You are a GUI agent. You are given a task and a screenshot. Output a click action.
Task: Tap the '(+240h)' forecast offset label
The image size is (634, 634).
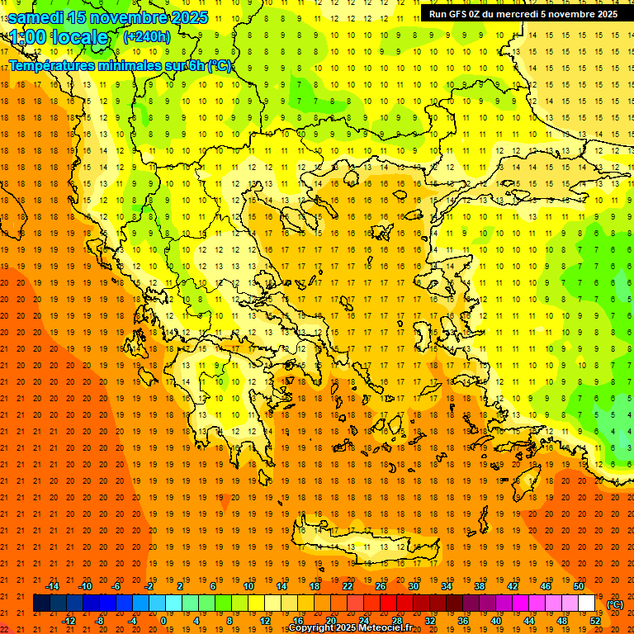click(x=147, y=36)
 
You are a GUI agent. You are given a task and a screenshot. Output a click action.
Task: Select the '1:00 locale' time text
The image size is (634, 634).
click(x=59, y=37)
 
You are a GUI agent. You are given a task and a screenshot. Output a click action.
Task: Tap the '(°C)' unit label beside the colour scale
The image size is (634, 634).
click(x=615, y=604)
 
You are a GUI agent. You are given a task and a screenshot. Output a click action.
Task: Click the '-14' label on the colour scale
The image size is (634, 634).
click(x=52, y=586)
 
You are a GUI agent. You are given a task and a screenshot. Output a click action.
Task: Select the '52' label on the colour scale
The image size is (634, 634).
click(x=595, y=621)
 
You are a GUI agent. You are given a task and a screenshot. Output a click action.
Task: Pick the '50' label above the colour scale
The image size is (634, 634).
click(x=579, y=586)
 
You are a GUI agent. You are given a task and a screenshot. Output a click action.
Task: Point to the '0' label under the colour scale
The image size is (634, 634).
click(x=163, y=621)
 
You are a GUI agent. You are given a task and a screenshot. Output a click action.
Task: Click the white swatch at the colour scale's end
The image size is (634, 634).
click(x=587, y=603)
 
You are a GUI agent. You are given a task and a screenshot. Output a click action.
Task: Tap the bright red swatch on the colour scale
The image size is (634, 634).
click(x=388, y=603)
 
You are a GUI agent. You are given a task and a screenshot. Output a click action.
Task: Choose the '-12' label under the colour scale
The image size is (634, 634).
click(x=69, y=621)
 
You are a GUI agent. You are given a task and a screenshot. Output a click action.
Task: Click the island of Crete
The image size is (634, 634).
click(x=363, y=546)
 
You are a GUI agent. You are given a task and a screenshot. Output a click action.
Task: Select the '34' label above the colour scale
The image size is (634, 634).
click(x=447, y=586)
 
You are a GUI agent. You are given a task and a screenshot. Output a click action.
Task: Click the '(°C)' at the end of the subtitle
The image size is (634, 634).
click(x=219, y=65)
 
